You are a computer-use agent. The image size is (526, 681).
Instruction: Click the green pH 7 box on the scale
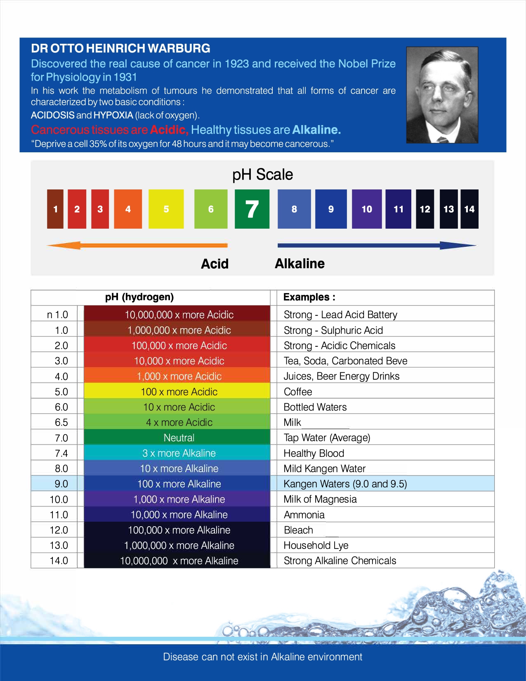[x=252, y=209]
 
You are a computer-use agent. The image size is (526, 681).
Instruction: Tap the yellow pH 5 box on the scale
[x=166, y=209]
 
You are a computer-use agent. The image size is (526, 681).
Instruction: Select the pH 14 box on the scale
[x=469, y=209]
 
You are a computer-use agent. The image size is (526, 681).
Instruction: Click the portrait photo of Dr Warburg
[x=442, y=95]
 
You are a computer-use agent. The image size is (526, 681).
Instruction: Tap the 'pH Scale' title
[x=262, y=175]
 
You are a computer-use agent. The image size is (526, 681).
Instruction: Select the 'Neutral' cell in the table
[x=179, y=437]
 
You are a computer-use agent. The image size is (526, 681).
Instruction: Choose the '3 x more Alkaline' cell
[x=179, y=453]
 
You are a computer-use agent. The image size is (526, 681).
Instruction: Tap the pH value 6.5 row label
[x=61, y=422]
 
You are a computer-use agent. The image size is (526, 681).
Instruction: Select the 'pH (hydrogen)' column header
[x=139, y=297]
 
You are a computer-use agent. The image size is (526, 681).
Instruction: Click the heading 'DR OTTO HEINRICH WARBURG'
[x=120, y=48]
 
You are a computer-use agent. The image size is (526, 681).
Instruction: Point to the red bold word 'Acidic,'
[x=169, y=130]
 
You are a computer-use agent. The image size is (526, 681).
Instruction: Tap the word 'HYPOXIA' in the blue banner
[x=113, y=115]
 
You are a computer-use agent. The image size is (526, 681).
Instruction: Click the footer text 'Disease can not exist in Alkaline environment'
[x=262, y=657]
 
